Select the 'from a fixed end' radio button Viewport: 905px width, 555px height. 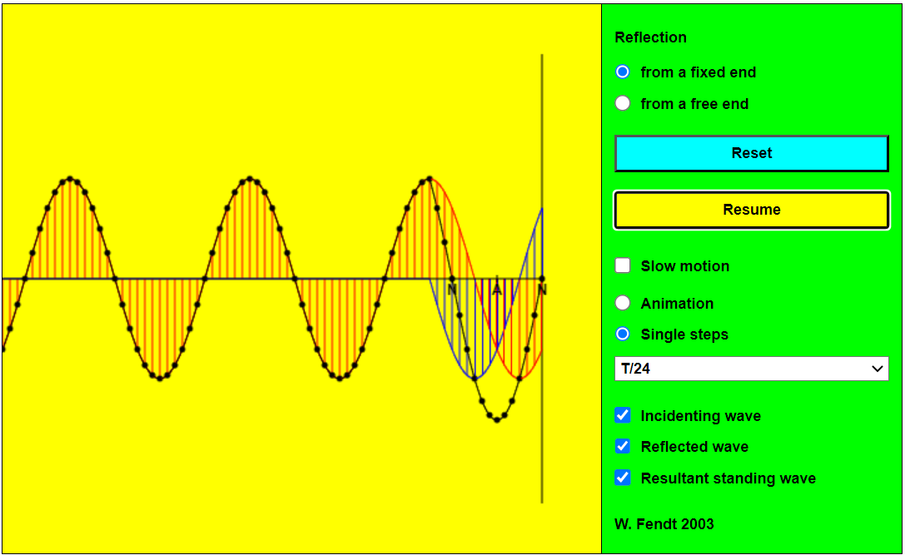coord(622,72)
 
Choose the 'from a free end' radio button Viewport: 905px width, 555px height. coord(622,103)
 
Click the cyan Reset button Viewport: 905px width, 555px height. coord(752,153)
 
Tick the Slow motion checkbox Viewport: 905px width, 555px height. coord(623,265)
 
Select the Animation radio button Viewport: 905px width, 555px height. coord(622,303)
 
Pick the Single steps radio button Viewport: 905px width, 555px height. coord(622,334)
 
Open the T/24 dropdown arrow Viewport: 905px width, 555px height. coord(878,369)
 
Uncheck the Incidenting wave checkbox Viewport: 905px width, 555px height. coord(623,415)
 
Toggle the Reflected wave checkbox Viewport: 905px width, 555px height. coord(623,446)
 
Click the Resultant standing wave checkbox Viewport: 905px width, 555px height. coord(623,478)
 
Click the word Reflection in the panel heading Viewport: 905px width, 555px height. coord(650,37)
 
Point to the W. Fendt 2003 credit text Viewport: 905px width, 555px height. coord(664,524)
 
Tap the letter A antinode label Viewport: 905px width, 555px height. coord(497,290)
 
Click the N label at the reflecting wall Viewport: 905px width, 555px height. coord(542,290)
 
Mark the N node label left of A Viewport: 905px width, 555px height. coord(452,290)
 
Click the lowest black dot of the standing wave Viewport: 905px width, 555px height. coord(497,419)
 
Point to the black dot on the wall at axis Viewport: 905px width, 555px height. coord(542,280)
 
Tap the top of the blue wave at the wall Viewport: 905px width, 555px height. coord(542,208)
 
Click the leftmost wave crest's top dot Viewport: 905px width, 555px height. coord(70,179)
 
